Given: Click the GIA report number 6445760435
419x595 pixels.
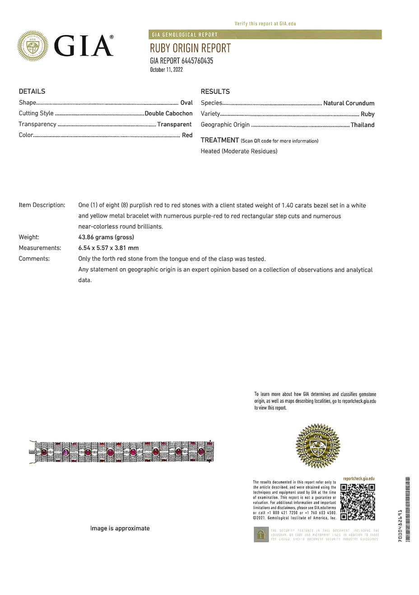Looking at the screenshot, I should point(182,61).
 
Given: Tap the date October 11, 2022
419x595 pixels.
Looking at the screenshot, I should point(166,70).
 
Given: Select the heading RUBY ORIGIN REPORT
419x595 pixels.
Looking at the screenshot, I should point(190,48).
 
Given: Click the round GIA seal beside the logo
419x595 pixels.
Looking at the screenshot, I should point(33,46).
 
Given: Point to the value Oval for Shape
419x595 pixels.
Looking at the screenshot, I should point(186,103).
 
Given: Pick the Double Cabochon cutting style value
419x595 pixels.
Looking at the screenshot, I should point(168,113).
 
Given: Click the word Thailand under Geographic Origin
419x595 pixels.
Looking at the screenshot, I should point(363,125).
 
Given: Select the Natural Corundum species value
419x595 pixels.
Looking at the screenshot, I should point(349,103).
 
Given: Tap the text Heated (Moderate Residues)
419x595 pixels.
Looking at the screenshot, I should point(239,151).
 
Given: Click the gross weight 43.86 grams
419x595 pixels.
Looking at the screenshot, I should point(106,237).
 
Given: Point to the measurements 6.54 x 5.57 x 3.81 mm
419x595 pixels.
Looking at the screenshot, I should point(108,248).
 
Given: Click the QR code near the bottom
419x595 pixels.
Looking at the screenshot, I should point(358,502).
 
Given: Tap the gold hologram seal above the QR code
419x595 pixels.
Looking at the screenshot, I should point(318,446).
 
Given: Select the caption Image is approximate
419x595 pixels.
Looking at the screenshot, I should point(120,528).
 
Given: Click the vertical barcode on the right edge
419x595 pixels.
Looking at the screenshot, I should point(408,509).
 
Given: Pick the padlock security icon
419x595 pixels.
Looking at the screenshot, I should point(261,534).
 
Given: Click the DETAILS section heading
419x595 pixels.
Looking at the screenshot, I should point(32,91).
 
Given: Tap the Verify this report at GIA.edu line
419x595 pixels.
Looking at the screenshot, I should point(265,24).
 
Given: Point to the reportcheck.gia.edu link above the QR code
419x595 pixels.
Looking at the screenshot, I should point(358,478).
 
